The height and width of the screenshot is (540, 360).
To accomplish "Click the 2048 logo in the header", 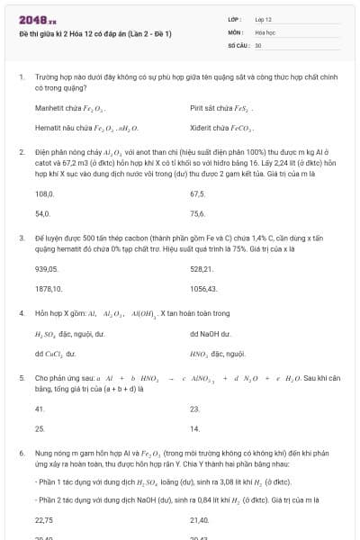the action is click(x=37, y=18).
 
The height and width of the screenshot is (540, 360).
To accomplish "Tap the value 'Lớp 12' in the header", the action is click(x=263, y=18).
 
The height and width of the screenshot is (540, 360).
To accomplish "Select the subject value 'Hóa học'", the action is click(x=265, y=31).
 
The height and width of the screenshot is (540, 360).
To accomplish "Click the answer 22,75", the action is click(x=43, y=519).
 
